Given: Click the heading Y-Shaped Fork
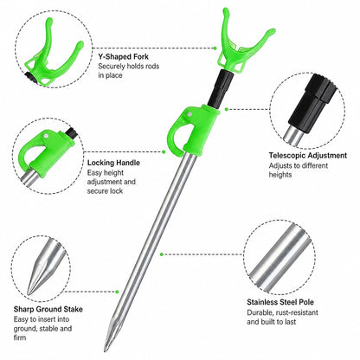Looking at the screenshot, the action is coord(123,56).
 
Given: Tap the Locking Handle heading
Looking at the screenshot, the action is coord(113,163).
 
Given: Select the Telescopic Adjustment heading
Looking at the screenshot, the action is coord(308,156).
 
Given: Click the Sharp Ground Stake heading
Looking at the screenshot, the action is coord(48,309).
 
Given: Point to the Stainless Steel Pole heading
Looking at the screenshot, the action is coord(280,302).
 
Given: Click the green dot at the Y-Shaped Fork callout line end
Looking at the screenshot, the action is coord(215,48).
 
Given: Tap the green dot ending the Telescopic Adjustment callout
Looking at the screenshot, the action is coord(227,109).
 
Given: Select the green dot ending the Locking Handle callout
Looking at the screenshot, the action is coord(164,151).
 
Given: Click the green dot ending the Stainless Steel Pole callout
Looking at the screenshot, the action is coord(162,254).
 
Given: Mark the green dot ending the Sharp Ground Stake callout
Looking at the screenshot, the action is coord(117,292).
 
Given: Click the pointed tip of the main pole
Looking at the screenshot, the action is coord(106,350).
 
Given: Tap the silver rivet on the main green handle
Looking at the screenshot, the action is coord(189,114).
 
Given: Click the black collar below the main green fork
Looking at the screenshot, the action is coord(221,87).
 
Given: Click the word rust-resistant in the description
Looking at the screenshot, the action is coord(297,312).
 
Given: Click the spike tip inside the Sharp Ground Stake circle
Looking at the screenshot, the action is coord(29,293).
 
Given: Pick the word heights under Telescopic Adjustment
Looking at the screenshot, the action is coord(280,175).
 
